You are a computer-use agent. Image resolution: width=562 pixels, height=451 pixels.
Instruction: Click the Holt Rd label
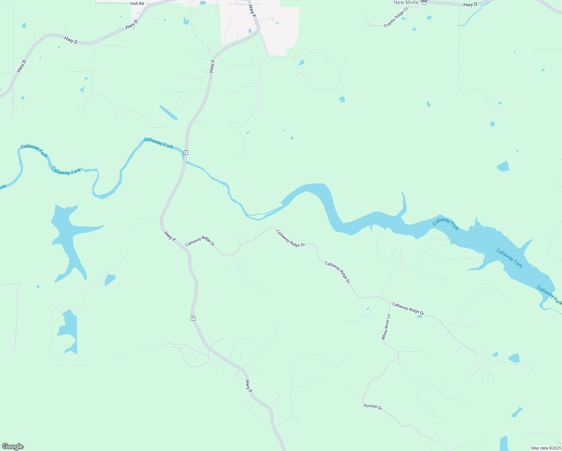(137, 4)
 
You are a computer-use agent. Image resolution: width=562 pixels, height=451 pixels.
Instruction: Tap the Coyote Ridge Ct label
(396, 17)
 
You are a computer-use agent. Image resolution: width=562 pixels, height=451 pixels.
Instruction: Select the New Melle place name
(406, 3)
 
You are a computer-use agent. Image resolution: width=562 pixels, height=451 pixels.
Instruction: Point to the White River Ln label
(386, 327)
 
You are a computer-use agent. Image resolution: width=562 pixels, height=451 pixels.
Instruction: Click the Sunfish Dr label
(373, 406)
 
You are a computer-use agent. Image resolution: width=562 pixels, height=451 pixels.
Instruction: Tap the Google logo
(13, 446)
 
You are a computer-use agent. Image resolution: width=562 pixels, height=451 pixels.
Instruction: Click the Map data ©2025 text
(545, 448)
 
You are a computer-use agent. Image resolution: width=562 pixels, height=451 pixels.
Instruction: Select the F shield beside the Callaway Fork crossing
(186, 153)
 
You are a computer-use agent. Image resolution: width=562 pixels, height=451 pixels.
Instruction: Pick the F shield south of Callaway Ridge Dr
(193, 318)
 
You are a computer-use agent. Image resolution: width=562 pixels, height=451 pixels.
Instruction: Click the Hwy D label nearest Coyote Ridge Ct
(470, 5)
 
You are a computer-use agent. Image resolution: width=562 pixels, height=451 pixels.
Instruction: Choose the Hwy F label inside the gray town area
(252, 11)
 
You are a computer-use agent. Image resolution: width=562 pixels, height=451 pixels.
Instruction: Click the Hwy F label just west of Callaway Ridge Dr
(170, 236)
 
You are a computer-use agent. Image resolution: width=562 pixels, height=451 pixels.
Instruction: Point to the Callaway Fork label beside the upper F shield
(159, 142)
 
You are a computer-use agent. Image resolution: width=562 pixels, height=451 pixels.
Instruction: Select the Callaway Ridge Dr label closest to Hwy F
(200, 241)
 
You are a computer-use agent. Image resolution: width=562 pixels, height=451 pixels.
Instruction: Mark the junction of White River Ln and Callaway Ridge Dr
(379, 297)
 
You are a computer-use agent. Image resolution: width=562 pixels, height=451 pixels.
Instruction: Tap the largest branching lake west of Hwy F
(69, 237)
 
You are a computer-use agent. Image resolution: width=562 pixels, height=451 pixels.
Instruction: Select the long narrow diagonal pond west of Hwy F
(168, 112)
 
